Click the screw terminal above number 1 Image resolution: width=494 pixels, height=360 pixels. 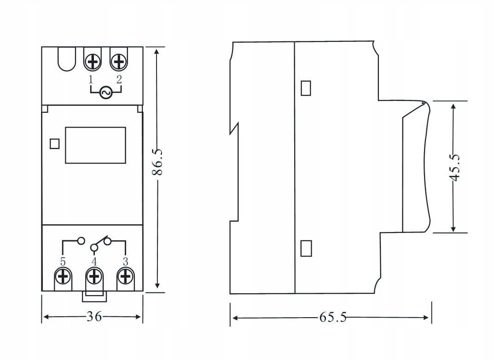click(x=93, y=61)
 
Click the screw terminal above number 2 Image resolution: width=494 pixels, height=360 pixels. click(x=119, y=61)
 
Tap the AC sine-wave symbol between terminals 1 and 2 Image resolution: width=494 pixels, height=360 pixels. click(x=105, y=93)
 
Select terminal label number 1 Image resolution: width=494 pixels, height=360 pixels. click(x=91, y=79)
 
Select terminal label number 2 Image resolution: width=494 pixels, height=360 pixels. click(x=119, y=79)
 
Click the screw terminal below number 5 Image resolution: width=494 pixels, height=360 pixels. click(x=63, y=277)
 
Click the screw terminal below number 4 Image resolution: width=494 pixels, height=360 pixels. click(x=94, y=277)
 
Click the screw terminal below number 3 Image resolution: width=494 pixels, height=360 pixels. click(x=125, y=277)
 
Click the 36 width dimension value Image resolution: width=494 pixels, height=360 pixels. click(x=94, y=317)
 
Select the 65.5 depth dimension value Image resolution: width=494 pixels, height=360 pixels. click(x=332, y=318)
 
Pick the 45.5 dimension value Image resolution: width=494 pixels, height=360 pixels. click(x=455, y=167)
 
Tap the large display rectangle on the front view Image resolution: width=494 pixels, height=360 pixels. click(x=95, y=145)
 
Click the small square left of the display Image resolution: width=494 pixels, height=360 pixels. click(x=55, y=144)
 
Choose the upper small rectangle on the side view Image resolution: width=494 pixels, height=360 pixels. click(x=306, y=88)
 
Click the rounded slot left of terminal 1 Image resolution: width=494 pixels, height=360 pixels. click(x=67, y=60)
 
